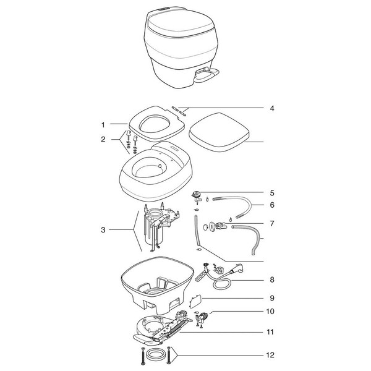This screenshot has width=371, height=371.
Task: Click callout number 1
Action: click(x=103, y=125)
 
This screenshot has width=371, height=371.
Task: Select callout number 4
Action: click(x=272, y=108)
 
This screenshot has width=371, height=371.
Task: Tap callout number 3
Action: click(x=103, y=230)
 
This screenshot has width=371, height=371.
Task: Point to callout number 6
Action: click(x=272, y=205)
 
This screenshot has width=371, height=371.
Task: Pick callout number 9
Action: click(x=272, y=298)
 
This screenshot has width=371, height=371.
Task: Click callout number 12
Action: click(x=270, y=355)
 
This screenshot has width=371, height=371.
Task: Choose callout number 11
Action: click(x=270, y=332)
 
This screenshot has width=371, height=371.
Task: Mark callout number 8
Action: click(x=272, y=279)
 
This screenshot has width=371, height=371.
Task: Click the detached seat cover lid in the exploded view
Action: click(x=220, y=132)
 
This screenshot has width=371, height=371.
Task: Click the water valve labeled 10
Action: click(x=202, y=317)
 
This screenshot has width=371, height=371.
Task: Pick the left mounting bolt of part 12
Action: click(x=143, y=355)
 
